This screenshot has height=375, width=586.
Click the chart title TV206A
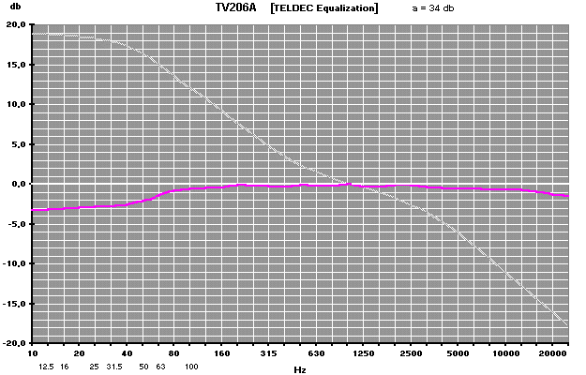(235, 7)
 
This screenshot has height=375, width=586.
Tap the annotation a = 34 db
(432, 7)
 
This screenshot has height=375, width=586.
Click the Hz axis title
(299, 370)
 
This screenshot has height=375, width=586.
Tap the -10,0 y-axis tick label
(16, 264)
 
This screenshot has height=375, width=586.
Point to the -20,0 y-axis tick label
(16, 343)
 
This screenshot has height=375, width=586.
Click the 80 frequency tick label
(173, 353)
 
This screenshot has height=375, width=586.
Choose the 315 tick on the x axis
(268, 353)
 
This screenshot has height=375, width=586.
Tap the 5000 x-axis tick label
(458, 353)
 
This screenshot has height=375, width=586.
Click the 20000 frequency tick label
(552, 353)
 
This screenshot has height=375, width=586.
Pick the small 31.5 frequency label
(113, 367)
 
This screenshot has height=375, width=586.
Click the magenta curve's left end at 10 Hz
(34, 211)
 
